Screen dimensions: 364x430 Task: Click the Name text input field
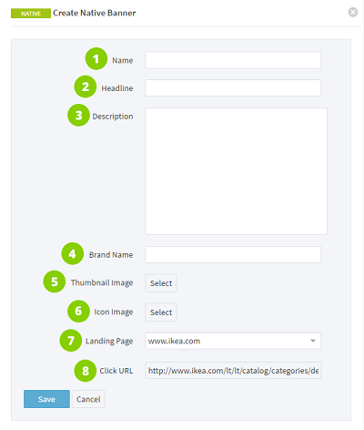pyautogui.click(x=233, y=60)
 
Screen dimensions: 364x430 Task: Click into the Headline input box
pyautogui.click(x=233, y=88)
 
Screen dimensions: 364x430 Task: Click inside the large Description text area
pyautogui.click(x=236, y=171)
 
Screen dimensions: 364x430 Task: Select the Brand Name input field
pyautogui.click(x=233, y=254)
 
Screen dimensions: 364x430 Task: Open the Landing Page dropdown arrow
pyautogui.click(x=313, y=341)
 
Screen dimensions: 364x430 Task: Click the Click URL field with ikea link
pyautogui.click(x=233, y=370)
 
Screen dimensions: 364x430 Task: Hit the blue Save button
pyautogui.click(x=46, y=399)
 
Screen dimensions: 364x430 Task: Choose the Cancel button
pyautogui.click(x=88, y=399)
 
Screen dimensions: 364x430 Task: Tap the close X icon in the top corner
pyautogui.click(x=353, y=13)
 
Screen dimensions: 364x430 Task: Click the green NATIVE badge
pyautogui.click(x=31, y=14)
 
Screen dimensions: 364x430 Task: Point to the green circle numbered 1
pyautogui.click(x=96, y=58)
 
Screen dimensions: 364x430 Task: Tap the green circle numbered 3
pyautogui.click(x=78, y=116)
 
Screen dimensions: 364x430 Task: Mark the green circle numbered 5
pyautogui.click(x=55, y=282)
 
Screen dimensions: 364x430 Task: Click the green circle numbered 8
pyautogui.click(x=86, y=371)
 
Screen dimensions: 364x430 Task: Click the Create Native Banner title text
pyautogui.click(x=95, y=13)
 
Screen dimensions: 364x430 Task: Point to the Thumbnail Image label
pyautogui.click(x=102, y=282)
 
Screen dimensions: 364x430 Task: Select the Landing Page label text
pyautogui.click(x=109, y=341)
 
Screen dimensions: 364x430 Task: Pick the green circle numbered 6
pyautogui.click(x=78, y=311)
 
